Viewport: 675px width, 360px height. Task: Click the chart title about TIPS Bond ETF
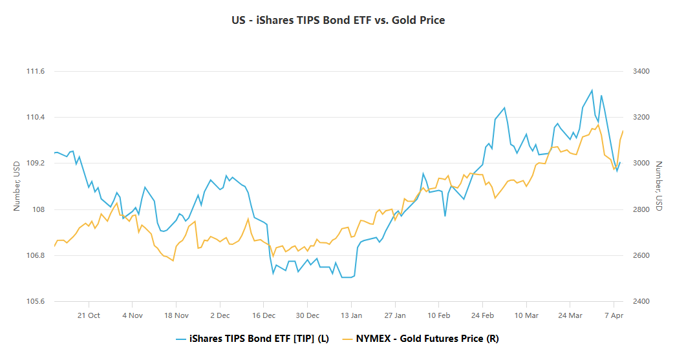coord(337,20)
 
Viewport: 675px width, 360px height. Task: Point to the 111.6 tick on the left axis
coord(35,71)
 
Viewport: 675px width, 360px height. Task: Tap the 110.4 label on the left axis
coord(35,117)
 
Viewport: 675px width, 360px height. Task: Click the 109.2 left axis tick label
coord(35,164)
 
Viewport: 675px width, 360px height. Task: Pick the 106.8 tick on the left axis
coord(35,255)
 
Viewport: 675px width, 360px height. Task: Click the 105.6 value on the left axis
coord(35,302)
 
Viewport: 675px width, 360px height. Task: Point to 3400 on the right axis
coord(641,71)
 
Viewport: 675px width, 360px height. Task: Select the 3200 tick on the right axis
coord(641,117)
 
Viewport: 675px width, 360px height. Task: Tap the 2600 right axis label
coord(641,255)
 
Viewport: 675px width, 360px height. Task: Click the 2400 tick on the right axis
coord(641,302)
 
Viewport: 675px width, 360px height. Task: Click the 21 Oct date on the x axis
coord(89,315)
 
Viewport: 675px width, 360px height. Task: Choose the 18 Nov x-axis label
coord(176,315)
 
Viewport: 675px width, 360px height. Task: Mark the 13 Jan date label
coord(352,315)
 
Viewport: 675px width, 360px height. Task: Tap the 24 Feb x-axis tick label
coord(483,315)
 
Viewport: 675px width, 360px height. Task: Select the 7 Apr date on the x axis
coord(613,315)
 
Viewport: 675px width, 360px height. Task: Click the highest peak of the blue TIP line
coord(592,90)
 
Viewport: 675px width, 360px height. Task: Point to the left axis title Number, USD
coord(17,186)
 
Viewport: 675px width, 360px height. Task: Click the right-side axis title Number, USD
coord(659,186)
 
